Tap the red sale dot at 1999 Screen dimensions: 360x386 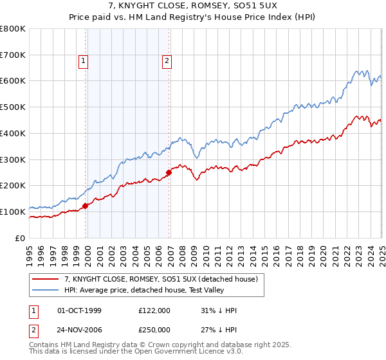(x=86, y=206)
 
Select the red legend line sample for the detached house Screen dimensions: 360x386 (x=46, y=279)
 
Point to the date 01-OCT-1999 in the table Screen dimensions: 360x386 (x=79, y=311)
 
